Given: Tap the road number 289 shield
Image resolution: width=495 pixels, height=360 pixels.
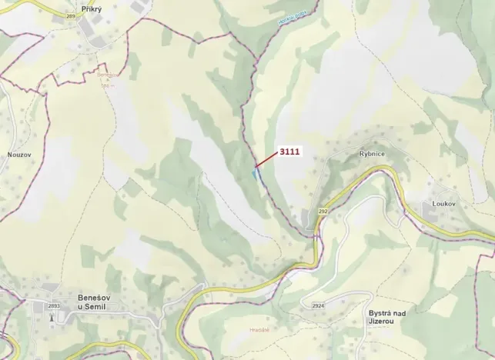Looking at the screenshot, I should point(72,16).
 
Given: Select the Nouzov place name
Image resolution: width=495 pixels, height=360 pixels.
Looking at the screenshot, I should point(18,154).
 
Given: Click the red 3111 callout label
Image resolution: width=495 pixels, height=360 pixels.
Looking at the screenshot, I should point(289,152).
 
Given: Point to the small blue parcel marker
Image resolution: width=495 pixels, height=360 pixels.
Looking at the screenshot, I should point(254,173).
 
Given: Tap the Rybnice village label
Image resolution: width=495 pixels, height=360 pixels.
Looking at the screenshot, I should point(372,154).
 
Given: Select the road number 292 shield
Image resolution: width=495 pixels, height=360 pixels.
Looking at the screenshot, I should point(321,211).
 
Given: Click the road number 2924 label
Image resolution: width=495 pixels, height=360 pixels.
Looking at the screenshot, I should point(319,306).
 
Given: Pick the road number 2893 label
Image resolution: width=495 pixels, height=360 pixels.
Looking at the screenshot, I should point(53,307).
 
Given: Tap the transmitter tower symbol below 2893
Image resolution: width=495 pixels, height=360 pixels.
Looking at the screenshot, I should point(52,317).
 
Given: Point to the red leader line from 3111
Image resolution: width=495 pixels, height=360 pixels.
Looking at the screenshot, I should point(266,159).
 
